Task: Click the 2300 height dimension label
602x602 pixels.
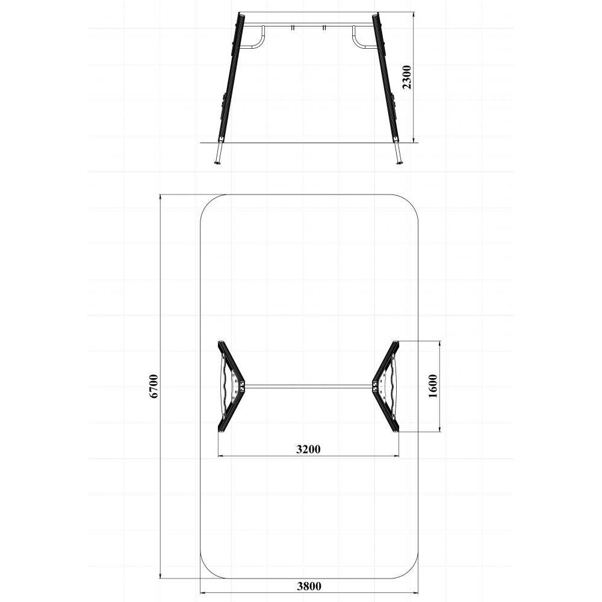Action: point(407,77)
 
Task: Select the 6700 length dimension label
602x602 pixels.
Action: point(154,386)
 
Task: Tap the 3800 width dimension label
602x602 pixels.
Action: point(309,586)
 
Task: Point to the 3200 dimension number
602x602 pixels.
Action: point(308,448)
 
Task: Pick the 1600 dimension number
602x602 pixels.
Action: point(433,386)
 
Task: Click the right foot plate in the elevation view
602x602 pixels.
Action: point(400,164)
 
